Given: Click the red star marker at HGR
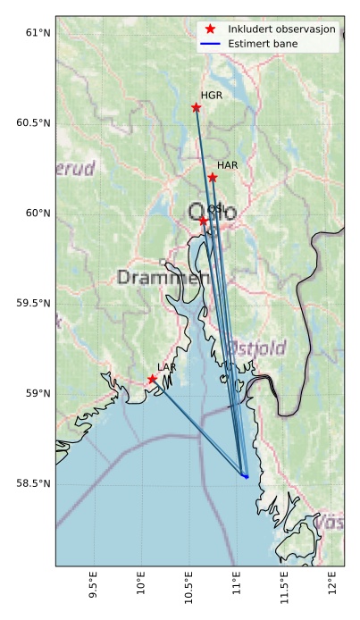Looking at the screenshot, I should coord(197,108).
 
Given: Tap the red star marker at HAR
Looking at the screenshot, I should coord(213,178).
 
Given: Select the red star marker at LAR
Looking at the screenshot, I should coord(153,380).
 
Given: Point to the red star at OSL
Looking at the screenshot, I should coord(204,221).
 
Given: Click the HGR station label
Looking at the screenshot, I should coord(212,96).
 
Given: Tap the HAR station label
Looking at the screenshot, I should coord(228,165).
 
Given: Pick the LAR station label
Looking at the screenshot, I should coord(167,367).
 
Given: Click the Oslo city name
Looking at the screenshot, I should coord(213,213).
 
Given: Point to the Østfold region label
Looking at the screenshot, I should coord(257,347).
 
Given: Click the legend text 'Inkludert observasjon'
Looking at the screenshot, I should coord(281,29).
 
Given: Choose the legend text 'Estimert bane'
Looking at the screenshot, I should coord(263,43).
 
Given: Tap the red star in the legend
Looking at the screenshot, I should coord(211,29).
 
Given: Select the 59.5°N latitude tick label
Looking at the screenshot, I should coord(34,304).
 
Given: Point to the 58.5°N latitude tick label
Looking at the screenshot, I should coord(34,484).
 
